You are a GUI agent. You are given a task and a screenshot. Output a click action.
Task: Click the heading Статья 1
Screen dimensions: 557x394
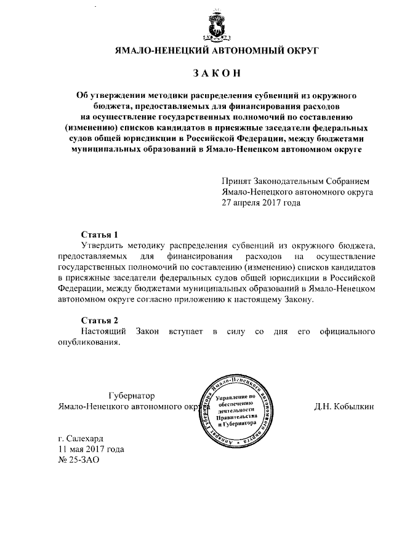[100, 235]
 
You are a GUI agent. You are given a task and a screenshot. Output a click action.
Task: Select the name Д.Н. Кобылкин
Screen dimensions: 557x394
[344, 407]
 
